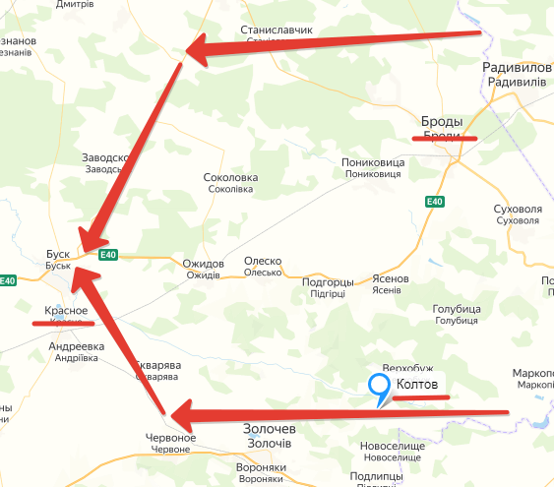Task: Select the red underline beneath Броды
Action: (445, 139)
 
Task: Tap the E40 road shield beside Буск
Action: (108, 255)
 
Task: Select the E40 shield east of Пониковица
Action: (435, 203)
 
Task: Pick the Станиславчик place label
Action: (276, 30)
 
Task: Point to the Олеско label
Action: (263, 262)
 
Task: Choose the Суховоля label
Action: (519, 210)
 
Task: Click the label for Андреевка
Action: (77, 347)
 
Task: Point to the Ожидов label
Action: (204, 264)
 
